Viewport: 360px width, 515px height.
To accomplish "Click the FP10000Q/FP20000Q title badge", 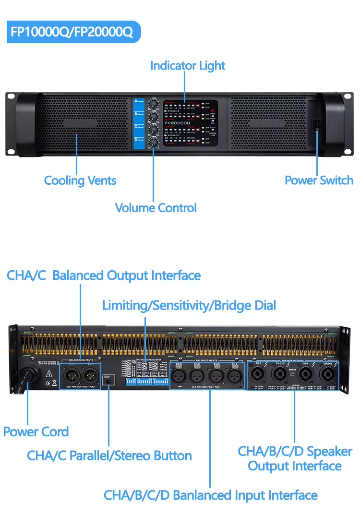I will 72,32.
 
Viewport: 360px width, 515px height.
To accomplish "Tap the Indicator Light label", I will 188,65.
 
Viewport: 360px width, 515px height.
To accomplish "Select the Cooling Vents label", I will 80,180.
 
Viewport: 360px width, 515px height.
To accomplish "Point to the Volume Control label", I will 156,208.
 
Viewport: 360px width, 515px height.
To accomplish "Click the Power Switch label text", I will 319,180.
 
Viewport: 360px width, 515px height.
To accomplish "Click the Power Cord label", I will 36,431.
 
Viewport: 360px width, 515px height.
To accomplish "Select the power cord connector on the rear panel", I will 28,373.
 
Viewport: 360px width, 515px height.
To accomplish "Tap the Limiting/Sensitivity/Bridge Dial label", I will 189,305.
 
